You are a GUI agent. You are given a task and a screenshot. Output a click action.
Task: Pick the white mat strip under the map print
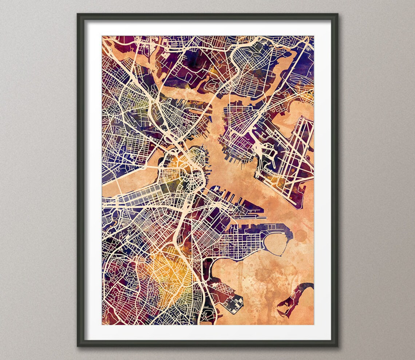point(207,332)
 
